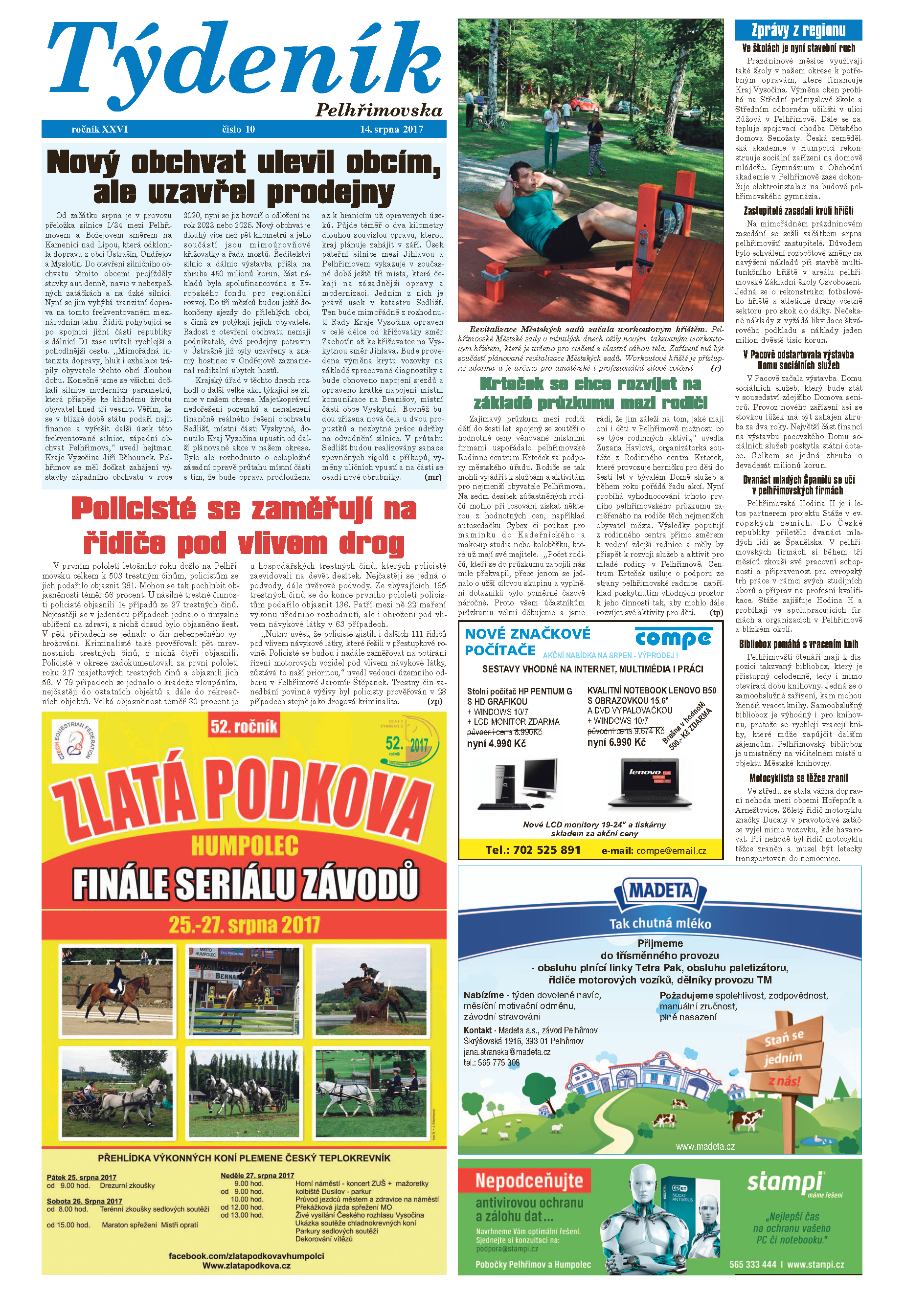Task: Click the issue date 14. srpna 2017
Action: click(391, 129)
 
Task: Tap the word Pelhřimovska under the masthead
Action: click(379, 110)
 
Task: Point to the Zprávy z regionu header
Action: click(798, 30)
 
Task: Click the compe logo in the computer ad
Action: click(673, 639)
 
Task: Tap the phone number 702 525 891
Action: click(533, 850)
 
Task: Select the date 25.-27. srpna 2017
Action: click(245, 924)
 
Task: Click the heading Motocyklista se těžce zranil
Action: click(798, 778)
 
